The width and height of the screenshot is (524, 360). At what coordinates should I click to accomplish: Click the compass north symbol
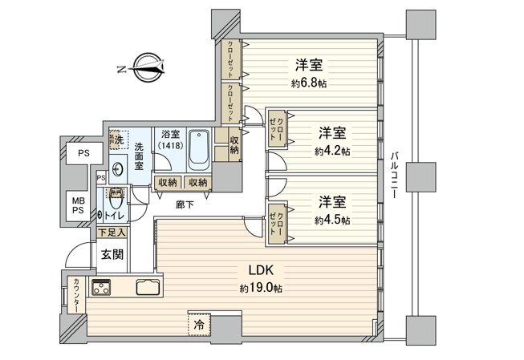click(147, 67)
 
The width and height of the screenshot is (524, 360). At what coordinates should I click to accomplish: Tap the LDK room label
click(258, 269)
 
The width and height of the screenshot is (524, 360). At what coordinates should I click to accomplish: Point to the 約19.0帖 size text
click(258, 288)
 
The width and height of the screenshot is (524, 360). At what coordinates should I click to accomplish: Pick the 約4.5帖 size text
click(331, 220)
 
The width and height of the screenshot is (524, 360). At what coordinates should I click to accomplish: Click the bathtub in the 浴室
click(199, 148)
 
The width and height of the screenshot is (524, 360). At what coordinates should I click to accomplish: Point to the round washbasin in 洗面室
click(118, 170)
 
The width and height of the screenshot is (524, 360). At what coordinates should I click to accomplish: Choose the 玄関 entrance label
click(112, 254)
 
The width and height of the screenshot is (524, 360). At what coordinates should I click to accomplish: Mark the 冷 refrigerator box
click(197, 325)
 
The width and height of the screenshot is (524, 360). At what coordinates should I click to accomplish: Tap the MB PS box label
click(79, 204)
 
